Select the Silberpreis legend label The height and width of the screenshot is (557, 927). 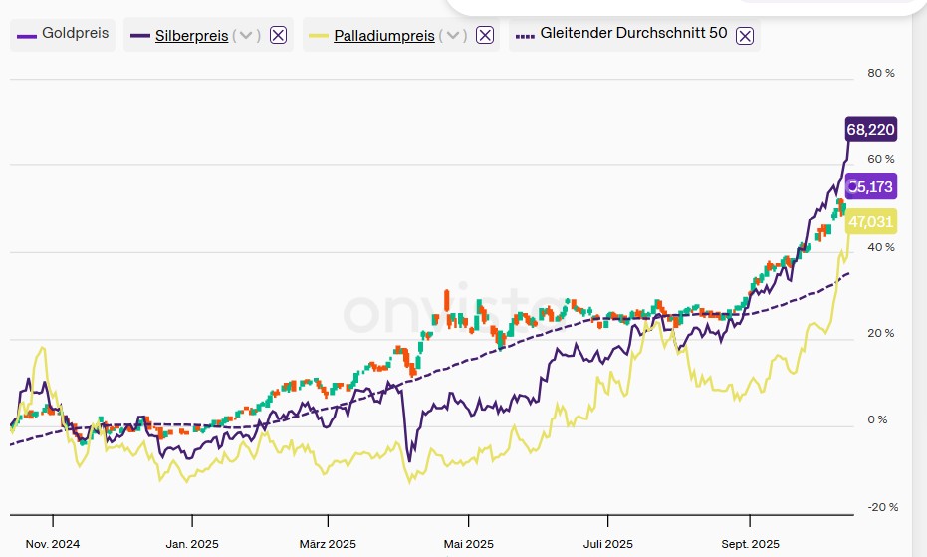(191, 36)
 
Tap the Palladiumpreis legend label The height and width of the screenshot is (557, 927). (383, 36)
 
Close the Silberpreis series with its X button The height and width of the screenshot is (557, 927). (279, 36)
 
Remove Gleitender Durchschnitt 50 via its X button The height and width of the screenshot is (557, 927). (745, 36)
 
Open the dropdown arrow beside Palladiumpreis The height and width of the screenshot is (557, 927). (452, 36)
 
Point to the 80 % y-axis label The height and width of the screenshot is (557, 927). (881, 74)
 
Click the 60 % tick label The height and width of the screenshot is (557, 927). (881, 160)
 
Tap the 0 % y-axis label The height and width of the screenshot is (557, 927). (877, 419)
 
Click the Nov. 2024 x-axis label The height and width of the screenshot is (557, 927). (53, 544)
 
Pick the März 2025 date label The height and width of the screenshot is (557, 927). (328, 544)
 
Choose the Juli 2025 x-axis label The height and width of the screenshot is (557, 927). (607, 544)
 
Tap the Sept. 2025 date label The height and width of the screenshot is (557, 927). (751, 544)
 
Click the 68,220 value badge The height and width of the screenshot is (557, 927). (870, 130)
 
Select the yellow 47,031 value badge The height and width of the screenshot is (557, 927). (870, 221)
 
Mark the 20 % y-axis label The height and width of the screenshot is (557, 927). (881, 333)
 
